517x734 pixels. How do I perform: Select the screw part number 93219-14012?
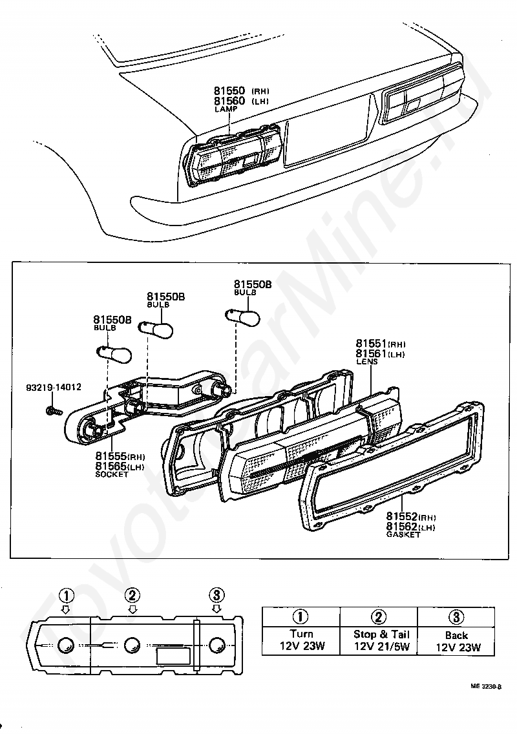pyautogui.click(x=54, y=388)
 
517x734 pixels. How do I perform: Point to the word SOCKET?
pyautogui.click(x=112, y=474)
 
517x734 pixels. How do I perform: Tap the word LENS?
pyautogui.click(x=367, y=362)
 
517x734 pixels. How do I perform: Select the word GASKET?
pyautogui.click(x=403, y=535)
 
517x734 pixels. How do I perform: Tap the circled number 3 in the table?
pyautogui.click(x=456, y=616)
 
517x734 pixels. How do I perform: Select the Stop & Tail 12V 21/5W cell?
pyautogui.click(x=381, y=640)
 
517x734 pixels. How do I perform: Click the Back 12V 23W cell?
pyautogui.click(x=456, y=640)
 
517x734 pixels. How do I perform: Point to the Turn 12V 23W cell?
pyautogui.click(x=301, y=640)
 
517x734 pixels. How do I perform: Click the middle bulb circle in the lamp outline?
pyautogui.click(x=132, y=645)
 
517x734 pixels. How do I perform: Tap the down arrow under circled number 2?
pyautogui.click(x=132, y=609)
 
